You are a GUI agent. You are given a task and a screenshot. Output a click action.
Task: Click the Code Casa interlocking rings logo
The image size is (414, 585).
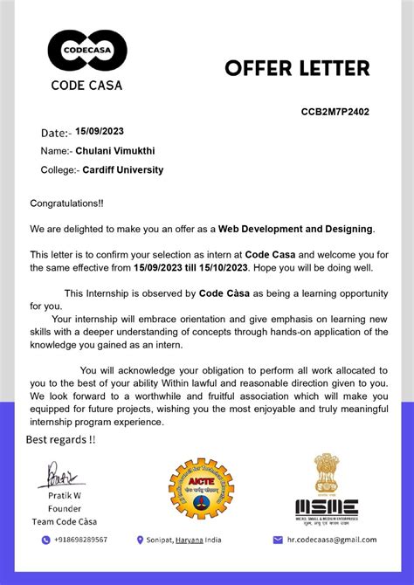[87, 51]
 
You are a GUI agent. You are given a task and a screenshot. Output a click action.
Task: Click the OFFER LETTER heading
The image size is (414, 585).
[297, 68]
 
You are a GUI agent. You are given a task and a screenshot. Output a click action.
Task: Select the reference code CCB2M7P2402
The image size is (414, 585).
[335, 112]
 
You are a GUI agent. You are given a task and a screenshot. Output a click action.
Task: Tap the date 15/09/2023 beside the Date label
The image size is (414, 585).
[100, 132]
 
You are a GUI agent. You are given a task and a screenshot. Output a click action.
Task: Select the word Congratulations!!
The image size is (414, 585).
[66, 203]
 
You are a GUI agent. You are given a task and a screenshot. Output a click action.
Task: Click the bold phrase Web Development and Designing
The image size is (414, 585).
[295, 229]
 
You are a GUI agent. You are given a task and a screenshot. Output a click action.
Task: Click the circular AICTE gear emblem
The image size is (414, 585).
[201, 489]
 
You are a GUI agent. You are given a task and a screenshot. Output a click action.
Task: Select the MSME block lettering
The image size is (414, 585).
[326, 506]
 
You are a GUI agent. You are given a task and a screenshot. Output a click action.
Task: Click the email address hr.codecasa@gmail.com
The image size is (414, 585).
[332, 540]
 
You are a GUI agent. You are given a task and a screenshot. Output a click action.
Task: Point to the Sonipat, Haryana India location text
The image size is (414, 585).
[184, 540]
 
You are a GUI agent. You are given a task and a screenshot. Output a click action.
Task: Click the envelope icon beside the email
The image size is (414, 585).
[278, 540]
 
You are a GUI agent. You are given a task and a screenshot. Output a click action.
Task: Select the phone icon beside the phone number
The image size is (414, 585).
[45, 540]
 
